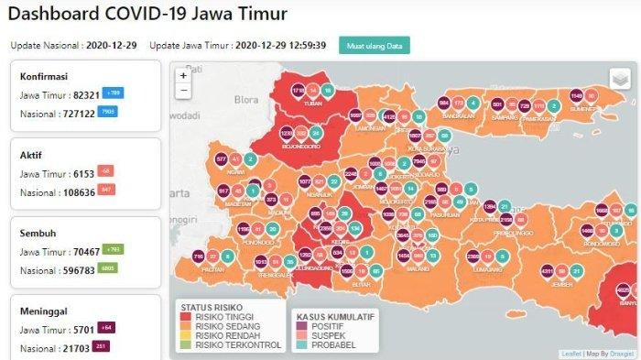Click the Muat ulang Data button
[374, 45]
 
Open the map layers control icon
[620, 79]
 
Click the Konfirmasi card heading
[45, 77]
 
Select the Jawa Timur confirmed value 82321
[81, 94]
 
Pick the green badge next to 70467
[114, 249]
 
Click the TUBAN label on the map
[314, 104]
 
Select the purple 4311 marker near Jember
[547, 271]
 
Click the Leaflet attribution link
[570, 354]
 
